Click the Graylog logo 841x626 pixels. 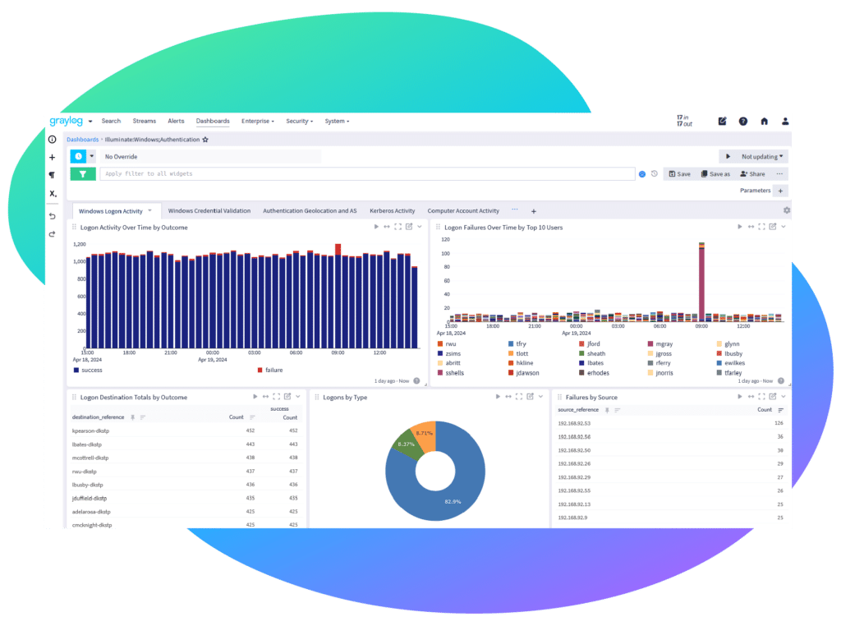coord(66,121)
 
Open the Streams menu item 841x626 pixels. coord(144,121)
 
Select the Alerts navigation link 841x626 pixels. coord(176,121)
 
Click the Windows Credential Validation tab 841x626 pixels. coord(209,211)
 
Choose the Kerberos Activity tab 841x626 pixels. coord(392,211)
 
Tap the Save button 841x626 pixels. coord(679,174)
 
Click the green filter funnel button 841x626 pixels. coord(83,173)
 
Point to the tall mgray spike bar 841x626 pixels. coord(701,279)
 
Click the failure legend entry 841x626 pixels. coord(273,371)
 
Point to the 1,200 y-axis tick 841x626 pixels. coord(80,245)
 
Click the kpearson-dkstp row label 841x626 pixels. coord(90,430)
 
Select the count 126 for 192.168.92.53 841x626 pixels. coord(778,424)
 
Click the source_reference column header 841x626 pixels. coord(579,409)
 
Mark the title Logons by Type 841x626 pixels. coord(345,398)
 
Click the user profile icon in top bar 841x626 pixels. coord(784,121)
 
